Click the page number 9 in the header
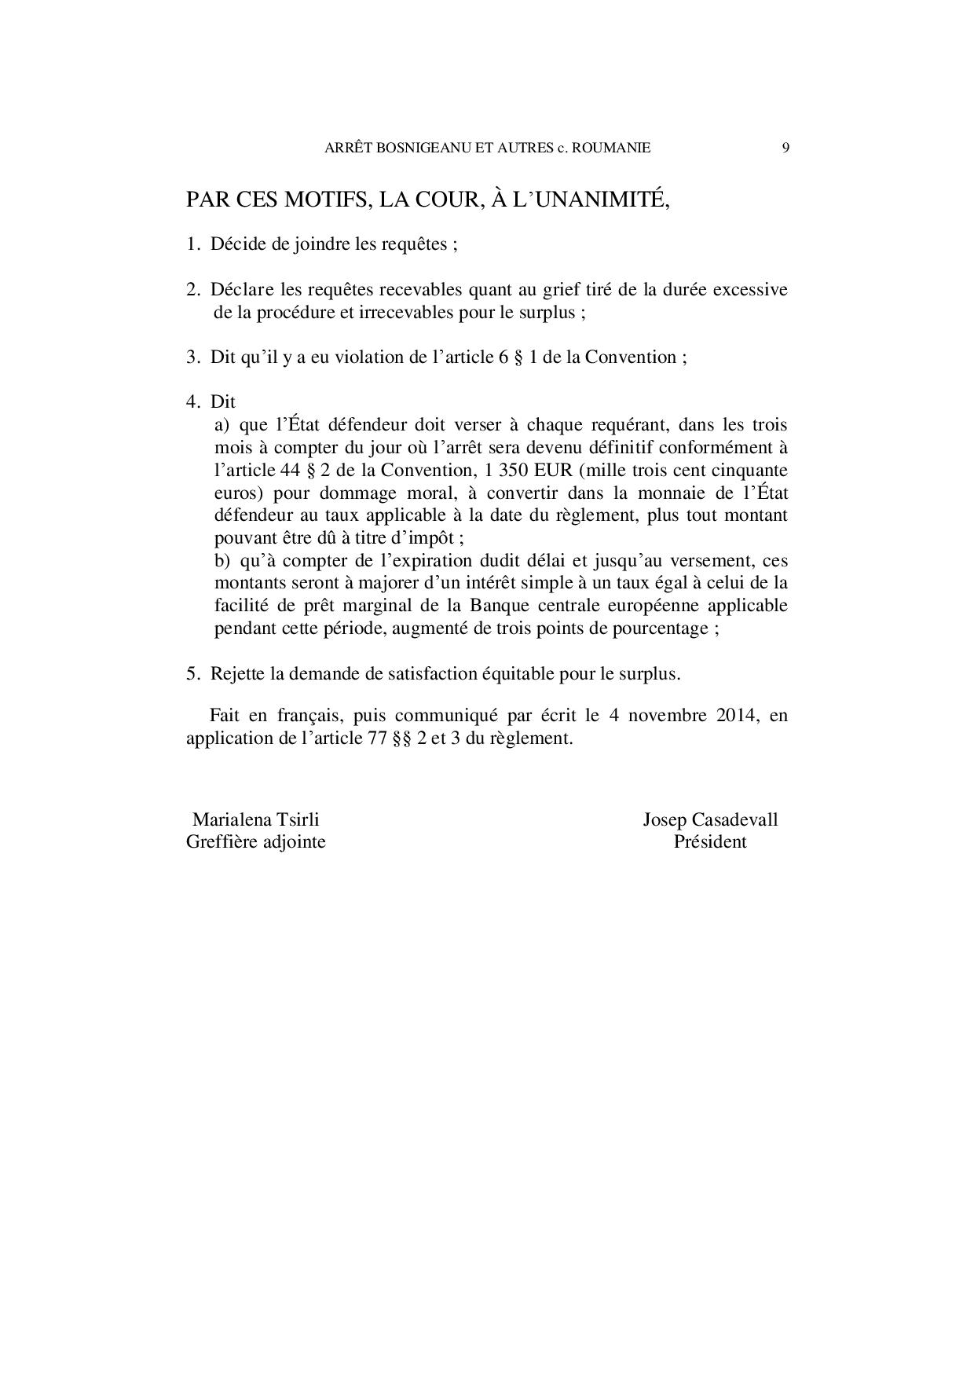point(785,147)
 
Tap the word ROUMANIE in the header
point(613,147)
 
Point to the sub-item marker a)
point(222,425)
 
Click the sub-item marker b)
point(222,561)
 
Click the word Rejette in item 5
point(237,674)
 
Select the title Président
point(710,842)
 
